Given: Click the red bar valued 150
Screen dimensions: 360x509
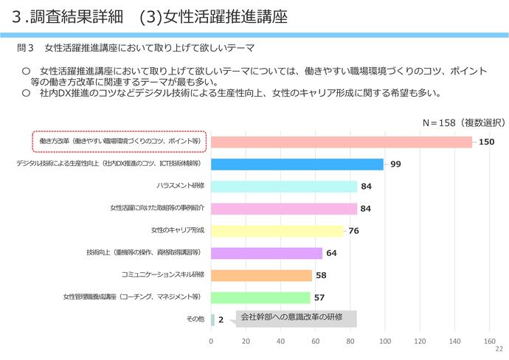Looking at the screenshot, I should tap(341, 142).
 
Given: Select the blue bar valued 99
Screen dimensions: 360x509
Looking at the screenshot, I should tap(297, 164).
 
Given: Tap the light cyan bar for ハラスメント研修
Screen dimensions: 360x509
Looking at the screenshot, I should tap(283, 186).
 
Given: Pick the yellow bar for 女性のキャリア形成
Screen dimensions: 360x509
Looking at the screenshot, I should tap(277, 230).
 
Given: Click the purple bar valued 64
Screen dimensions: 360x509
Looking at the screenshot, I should tap(266, 253).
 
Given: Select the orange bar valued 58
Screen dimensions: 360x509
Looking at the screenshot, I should tap(261, 275).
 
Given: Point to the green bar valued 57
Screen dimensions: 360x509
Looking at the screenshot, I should tap(260, 297).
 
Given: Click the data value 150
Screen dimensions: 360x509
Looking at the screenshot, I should tap(485, 142).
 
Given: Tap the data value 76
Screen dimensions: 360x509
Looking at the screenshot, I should tap(353, 231).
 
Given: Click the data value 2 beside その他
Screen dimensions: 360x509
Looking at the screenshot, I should tap(221, 320).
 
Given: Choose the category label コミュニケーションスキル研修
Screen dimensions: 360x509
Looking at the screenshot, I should tap(162, 275).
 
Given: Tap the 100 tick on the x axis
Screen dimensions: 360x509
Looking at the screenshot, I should tap(385, 342).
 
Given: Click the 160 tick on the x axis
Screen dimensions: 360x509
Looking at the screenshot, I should tap(489, 342).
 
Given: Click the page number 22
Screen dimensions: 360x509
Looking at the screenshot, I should tap(499, 350).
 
